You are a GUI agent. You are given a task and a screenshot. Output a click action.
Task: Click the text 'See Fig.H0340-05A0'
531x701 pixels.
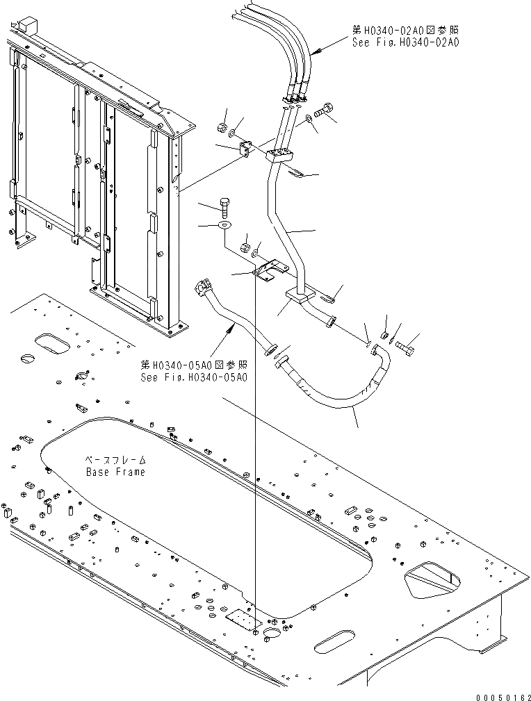(194, 377)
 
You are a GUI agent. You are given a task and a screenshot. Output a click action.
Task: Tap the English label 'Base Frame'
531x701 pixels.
(115, 472)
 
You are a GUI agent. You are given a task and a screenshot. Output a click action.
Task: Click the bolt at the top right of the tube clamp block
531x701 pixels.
(324, 109)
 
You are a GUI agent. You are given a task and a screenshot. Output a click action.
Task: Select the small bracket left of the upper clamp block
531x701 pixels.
(245, 149)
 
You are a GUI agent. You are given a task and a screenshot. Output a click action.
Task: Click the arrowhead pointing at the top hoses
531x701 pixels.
(313, 53)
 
